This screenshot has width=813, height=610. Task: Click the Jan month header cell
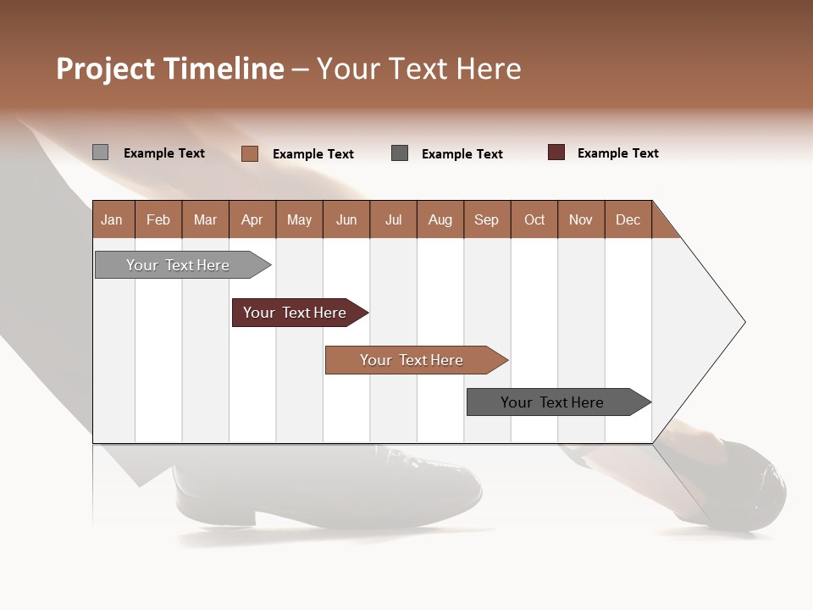click(113, 219)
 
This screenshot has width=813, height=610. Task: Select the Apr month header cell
click(252, 219)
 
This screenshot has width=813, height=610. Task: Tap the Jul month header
click(393, 219)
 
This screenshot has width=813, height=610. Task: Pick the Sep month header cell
click(487, 219)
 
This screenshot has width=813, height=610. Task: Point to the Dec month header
click(628, 219)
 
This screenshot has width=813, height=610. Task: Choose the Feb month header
click(158, 219)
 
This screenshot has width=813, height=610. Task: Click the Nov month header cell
click(581, 219)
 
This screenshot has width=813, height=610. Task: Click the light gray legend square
click(100, 152)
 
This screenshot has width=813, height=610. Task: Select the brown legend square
click(249, 153)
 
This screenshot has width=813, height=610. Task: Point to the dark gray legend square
click(400, 153)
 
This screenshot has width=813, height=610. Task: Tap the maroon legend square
click(556, 152)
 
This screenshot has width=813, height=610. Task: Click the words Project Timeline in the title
click(170, 69)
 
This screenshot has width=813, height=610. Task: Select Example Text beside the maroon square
click(617, 153)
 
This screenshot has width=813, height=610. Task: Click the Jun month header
click(346, 219)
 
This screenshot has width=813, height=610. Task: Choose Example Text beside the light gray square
click(164, 153)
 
